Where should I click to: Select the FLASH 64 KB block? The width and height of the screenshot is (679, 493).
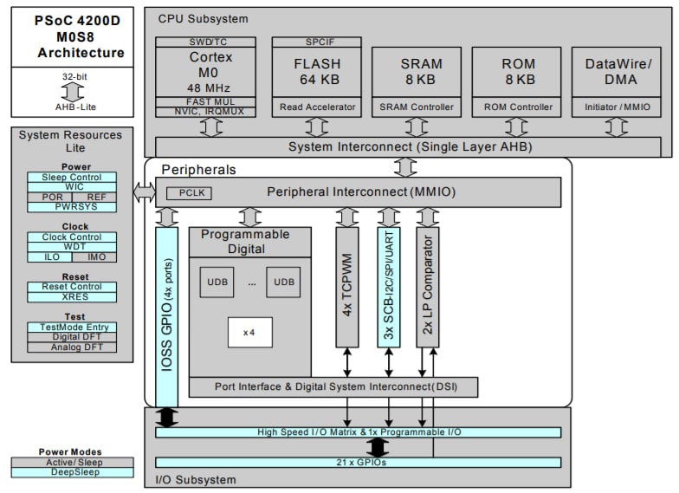pyautogui.click(x=318, y=72)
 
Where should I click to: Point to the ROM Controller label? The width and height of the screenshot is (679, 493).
pyautogui.click(x=518, y=107)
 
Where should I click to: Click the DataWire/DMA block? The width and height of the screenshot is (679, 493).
pyautogui.click(x=618, y=72)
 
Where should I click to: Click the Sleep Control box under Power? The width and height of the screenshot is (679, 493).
pyautogui.click(x=72, y=178)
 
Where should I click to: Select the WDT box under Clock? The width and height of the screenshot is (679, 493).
pyautogui.click(x=72, y=247)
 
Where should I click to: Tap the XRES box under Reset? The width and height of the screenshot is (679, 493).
pyautogui.click(x=72, y=296)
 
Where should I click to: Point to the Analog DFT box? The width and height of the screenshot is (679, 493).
pyautogui.click(x=72, y=347)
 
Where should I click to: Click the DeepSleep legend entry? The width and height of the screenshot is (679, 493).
pyautogui.click(x=72, y=472)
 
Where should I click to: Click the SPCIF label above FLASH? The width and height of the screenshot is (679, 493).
pyautogui.click(x=318, y=42)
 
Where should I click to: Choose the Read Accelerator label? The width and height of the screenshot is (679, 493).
pyautogui.click(x=318, y=107)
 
